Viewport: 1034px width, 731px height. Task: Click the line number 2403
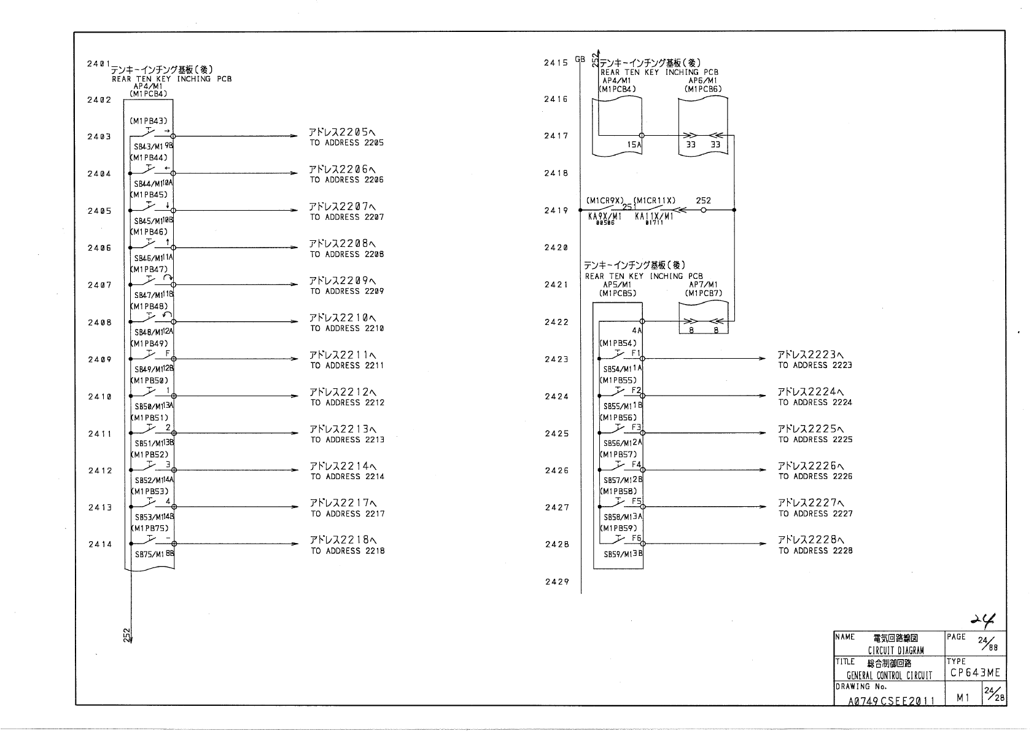[99, 137]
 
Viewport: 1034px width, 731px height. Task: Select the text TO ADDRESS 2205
[347, 143]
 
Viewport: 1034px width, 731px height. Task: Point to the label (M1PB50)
[149, 381]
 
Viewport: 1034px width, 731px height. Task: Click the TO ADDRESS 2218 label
[348, 551]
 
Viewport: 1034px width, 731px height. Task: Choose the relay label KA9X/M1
[604, 217]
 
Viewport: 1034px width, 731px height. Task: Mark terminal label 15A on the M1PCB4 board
[634, 145]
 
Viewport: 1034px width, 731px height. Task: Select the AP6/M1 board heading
[702, 80]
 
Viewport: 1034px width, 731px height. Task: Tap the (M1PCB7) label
[704, 293]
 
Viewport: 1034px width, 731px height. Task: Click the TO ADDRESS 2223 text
[815, 365]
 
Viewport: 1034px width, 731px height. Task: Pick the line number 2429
[557, 582]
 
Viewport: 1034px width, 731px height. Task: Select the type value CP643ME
[975, 673]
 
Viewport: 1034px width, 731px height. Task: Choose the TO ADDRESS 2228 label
[815, 551]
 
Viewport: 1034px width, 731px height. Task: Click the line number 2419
[556, 211]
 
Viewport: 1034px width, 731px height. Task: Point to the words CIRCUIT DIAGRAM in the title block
[896, 651]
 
